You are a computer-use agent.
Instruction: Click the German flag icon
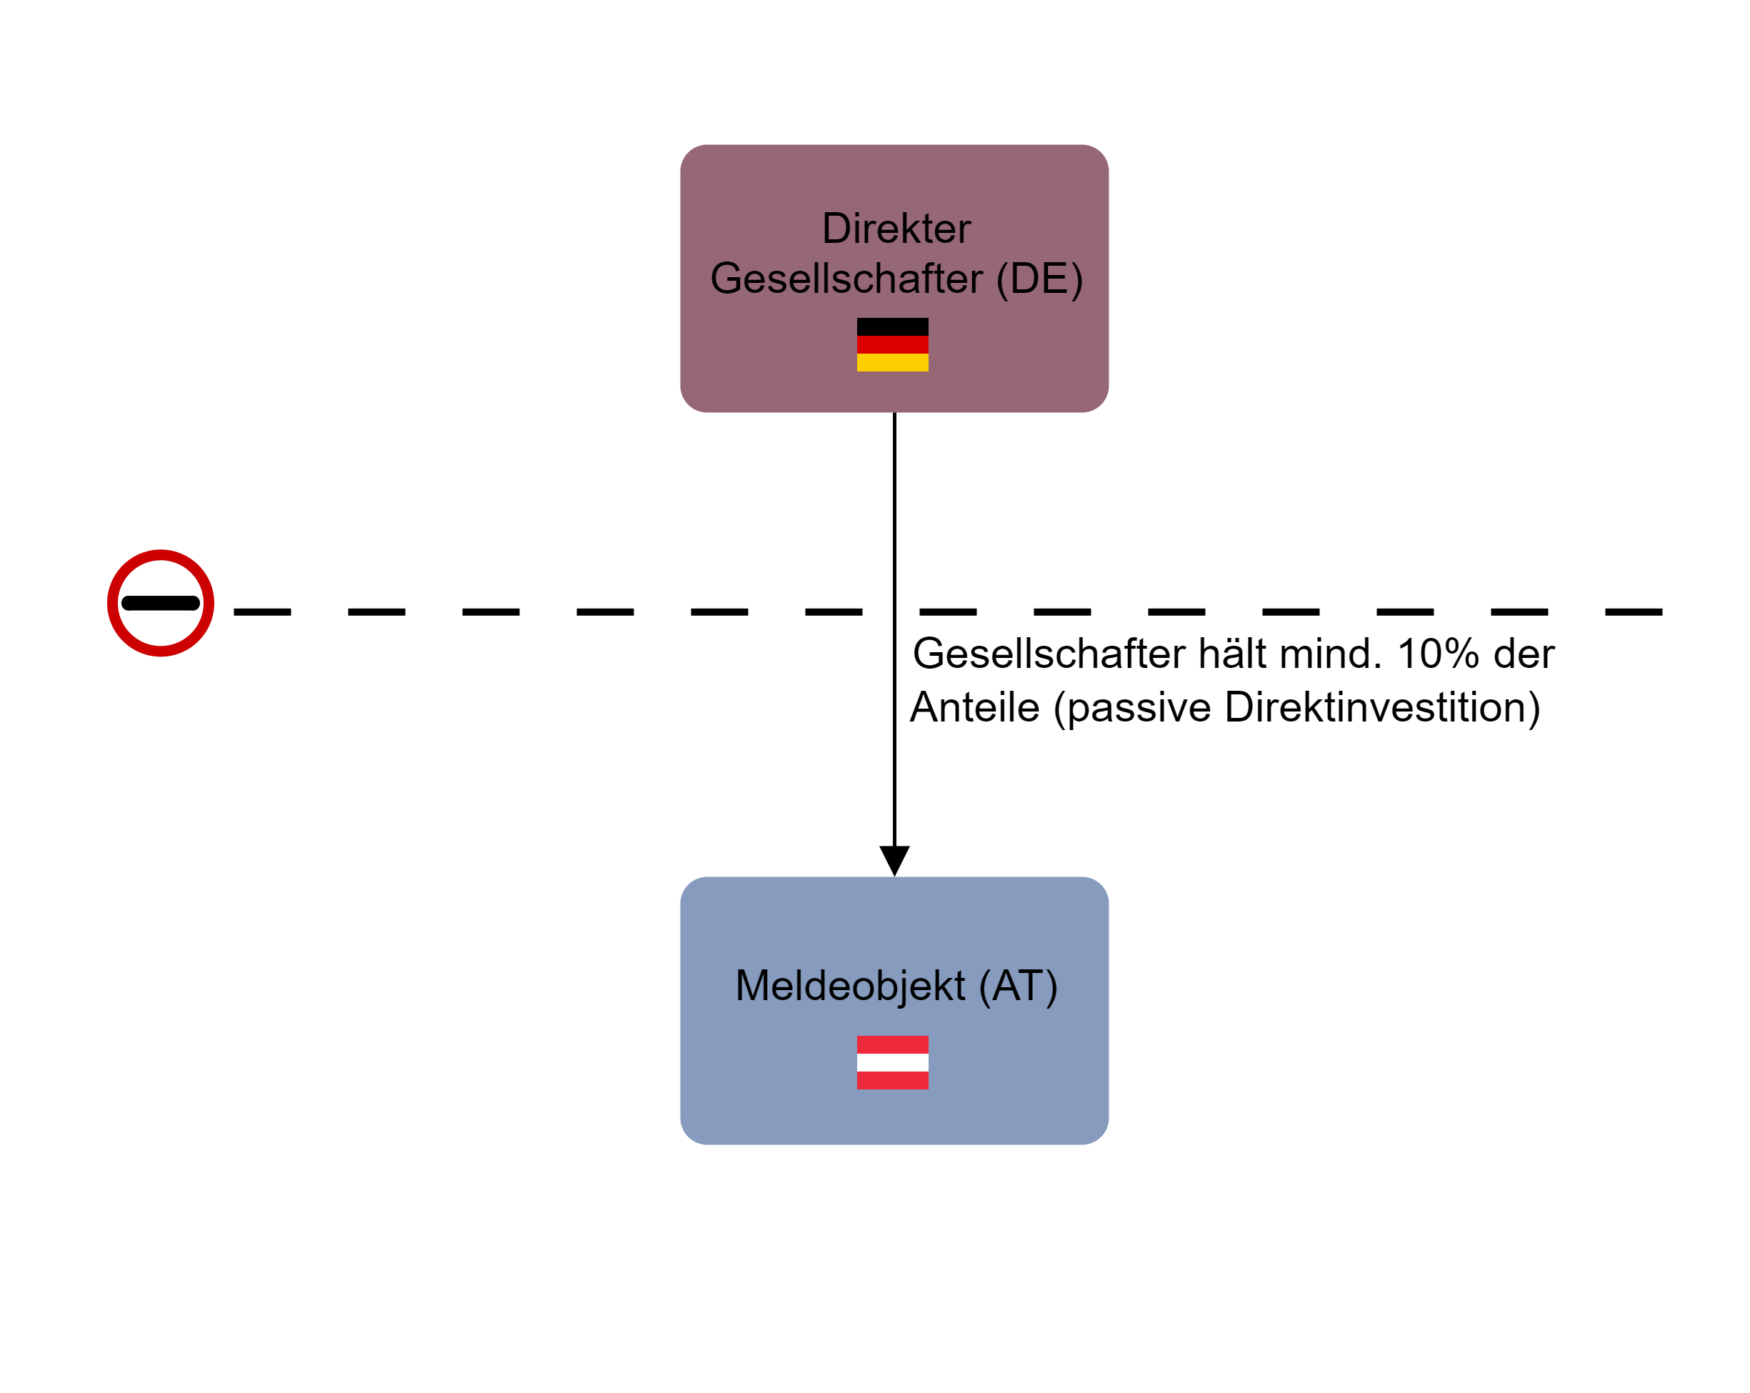click(892, 344)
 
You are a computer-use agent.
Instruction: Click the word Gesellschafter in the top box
click(846, 279)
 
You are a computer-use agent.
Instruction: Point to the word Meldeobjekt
click(849, 986)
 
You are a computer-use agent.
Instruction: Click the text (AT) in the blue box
click(1018, 986)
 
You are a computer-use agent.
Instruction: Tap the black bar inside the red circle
click(161, 602)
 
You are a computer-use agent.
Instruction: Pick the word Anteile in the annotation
click(975, 707)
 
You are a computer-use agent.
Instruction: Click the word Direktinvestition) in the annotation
click(1382, 707)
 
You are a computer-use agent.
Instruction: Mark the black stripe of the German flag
click(892, 326)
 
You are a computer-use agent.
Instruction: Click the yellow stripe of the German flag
click(892, 362)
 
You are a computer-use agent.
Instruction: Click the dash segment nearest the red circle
click(262, 611)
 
